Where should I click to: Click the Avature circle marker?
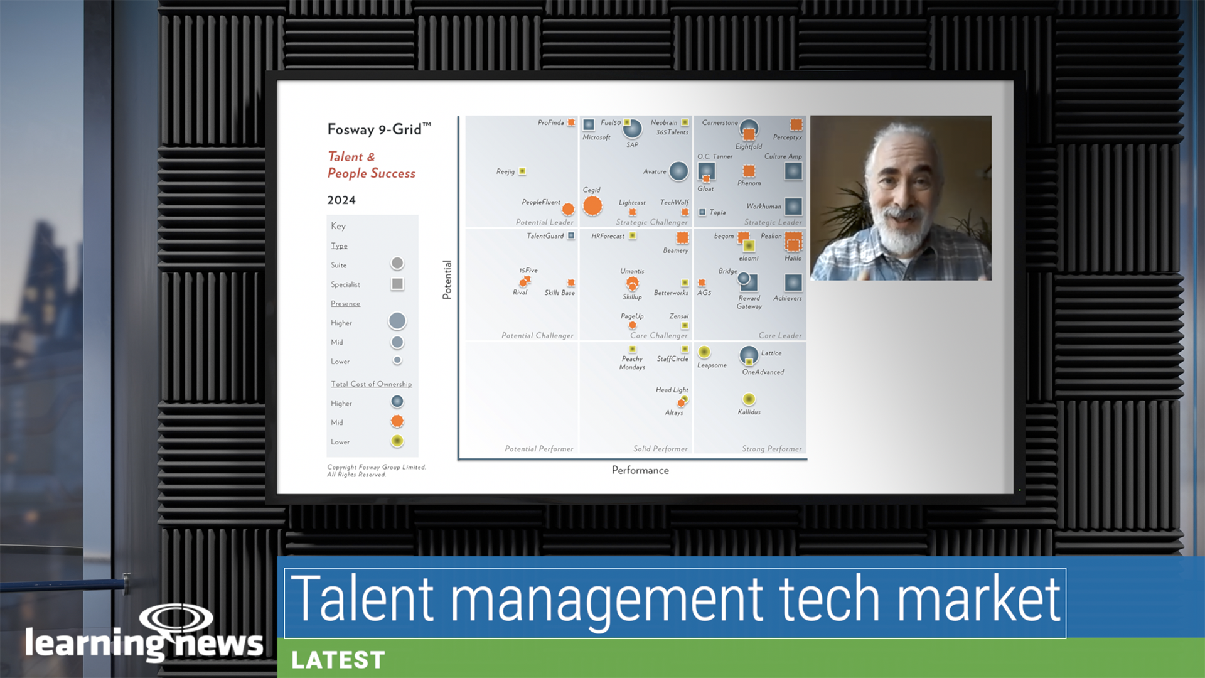[678, 171]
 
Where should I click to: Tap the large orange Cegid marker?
[592, 205]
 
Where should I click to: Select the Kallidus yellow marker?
[749, 399]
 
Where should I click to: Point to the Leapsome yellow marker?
[704, 352]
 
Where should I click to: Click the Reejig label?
[505, 171]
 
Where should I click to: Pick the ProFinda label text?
[550, 122]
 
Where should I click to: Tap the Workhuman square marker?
[793, 206]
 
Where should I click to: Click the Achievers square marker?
[793, 282]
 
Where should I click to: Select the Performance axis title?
[640, 470]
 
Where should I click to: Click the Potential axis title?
[447, 279]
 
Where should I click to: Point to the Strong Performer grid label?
[771, 449]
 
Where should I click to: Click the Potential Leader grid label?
[544, 222]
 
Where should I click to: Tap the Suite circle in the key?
[397, 263]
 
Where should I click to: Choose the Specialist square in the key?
[397, 284]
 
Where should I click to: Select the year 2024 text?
[341, 200]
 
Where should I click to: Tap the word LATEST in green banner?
[338, 660]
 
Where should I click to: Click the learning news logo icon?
[176, 618]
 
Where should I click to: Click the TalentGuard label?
[545, 236]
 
